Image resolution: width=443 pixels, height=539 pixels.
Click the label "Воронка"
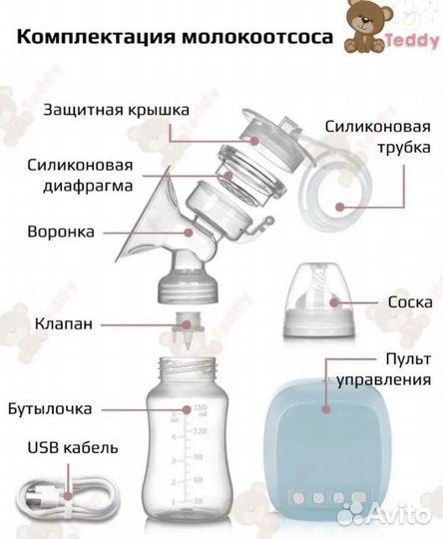pyautogui.click(x=62, y=232)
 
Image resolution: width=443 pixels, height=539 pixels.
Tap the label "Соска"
pyautogui.click(x=410, y=300)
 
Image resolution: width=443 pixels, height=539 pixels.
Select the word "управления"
pyautogui.click(x=397, y=379)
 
